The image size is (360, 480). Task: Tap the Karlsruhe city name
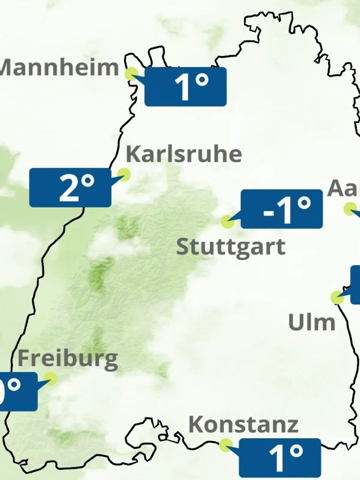coord(184,154)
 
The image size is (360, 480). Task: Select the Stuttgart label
coord(230,247)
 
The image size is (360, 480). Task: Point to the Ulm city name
coord(311,322)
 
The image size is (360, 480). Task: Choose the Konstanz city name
coord(243,425)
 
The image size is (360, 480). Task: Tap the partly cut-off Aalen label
coord(344,188)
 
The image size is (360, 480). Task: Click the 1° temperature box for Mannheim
coord(185,87)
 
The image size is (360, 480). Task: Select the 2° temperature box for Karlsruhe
coord(70,187)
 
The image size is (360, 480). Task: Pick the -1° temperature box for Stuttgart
coord(281,209)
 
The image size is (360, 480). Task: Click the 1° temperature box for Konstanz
coord(280,458)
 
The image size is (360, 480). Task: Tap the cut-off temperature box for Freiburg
coord(18,391)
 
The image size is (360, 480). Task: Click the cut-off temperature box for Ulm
coord(355,284)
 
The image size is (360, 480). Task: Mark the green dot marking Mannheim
coord(131,73)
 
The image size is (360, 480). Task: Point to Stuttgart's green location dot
coord(228,222)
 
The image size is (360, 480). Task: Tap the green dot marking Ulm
coord(337,297)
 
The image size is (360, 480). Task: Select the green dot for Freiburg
coord(50,379)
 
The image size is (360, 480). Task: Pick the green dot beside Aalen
coord(350,208)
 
